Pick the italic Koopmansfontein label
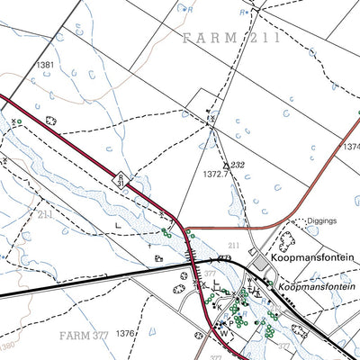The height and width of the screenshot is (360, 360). pos(317,287)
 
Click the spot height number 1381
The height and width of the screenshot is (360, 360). pos(45,65)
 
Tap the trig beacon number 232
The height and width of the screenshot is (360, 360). pos(237,164)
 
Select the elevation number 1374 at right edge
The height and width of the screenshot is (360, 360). pos(351,146)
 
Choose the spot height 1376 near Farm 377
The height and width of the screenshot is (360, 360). pos(124,334)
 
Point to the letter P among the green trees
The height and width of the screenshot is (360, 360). pos(231,321)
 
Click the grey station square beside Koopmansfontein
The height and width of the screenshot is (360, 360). pos(260,261)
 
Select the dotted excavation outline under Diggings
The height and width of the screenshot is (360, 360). pos(287,240)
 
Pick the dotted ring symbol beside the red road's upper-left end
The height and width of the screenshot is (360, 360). pos(50,120)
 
